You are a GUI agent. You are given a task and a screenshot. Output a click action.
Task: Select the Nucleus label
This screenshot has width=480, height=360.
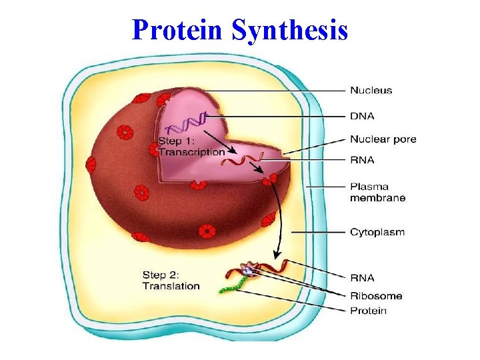click(371, 90)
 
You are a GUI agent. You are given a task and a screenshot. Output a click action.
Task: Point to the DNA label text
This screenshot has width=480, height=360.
click(362, 115)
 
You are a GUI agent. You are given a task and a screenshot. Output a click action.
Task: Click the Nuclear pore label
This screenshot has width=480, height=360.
click(383, 139)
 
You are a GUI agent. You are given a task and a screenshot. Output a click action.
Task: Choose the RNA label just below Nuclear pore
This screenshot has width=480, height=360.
click(362, 160)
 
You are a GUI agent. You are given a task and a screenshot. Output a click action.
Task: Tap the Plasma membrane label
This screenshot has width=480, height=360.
click(377, 192)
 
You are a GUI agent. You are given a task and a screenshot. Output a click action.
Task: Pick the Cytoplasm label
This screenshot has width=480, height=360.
click(377, 232)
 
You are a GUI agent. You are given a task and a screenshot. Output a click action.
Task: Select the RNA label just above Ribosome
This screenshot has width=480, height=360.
click(362, 277)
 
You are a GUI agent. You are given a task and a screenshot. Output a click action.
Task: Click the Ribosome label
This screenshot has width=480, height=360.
click(375, 295)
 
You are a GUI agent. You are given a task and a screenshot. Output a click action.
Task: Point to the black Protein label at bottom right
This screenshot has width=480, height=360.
click(368, 311)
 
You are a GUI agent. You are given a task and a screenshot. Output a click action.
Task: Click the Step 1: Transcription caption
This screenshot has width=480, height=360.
click(191, 147)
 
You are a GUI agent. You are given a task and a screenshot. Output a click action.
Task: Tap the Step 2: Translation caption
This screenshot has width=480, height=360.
click(171, 280)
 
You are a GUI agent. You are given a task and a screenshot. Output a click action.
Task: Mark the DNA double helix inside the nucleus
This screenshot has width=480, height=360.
click(187, 124)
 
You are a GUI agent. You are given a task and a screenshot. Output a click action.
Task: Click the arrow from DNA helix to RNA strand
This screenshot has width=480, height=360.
click(220, 139)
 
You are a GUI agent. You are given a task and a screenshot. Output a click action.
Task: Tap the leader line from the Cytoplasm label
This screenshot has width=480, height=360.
click(320, 232)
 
